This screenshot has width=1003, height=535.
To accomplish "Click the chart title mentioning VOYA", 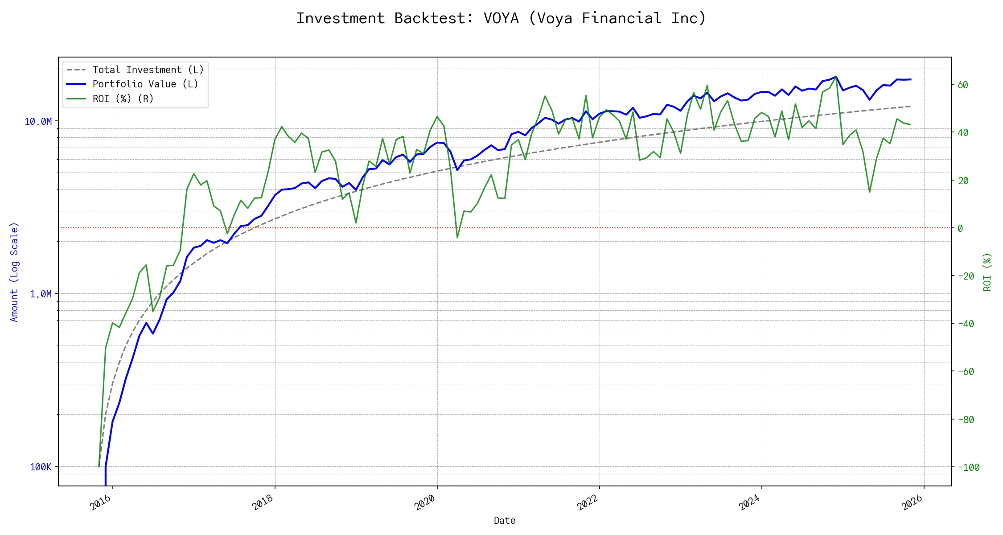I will pos(501,19).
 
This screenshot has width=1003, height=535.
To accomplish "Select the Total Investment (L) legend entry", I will pos(148,70).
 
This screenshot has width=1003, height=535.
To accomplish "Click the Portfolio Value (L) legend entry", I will pos(145,84).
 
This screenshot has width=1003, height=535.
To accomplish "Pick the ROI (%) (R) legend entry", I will pos(123,99).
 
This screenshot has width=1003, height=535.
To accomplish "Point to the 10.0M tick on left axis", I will pos(38,122).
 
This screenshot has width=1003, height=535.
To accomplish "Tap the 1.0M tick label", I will pos(41,294).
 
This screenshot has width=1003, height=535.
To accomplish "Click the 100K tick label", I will pos(41,467).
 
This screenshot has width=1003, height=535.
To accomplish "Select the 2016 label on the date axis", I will pos(101,503).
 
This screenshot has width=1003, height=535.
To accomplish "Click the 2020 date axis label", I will pos(425,503).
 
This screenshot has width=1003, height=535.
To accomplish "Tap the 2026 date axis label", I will pos(912,503).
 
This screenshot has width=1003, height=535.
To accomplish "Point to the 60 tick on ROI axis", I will pos(963,85).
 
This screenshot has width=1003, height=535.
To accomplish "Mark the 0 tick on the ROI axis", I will pos(960,228).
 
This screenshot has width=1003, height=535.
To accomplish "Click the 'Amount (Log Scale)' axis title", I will pos(14,272).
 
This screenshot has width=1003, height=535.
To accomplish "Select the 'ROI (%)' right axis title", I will pos(987,272).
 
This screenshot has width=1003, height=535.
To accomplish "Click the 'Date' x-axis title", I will pos(505,521).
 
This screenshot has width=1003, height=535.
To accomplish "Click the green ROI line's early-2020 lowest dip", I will pos(457,238).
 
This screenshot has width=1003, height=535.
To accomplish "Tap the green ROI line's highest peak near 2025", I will pos(836,77).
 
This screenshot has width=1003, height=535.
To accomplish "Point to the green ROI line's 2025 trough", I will pos(870,192).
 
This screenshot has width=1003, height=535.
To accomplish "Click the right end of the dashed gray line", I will pos(910,106).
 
